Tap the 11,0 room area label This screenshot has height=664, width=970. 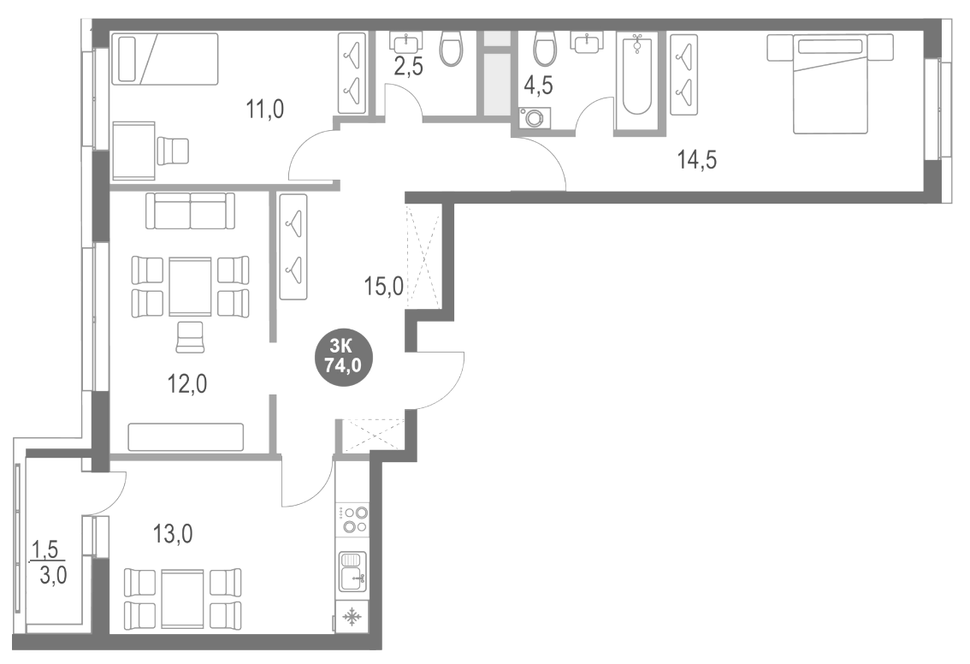264,109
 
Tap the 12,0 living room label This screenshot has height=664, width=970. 186,382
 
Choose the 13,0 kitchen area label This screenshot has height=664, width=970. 173,536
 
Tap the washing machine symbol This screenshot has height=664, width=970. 534,119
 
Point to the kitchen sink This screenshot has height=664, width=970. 352,571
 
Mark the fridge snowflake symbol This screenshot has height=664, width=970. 352,617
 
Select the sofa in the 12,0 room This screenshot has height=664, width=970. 190,210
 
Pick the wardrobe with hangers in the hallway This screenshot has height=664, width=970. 293,246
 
